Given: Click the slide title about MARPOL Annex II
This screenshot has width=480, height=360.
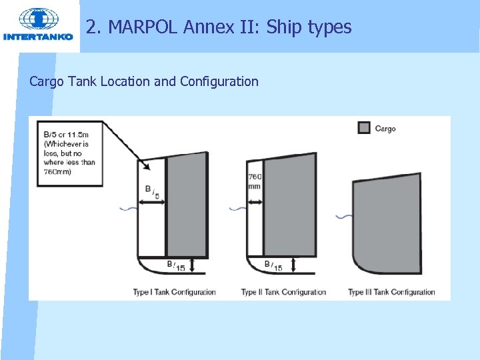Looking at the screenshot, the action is (x=219, y=27).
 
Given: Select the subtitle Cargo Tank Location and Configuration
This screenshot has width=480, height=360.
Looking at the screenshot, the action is (x=144, y=82).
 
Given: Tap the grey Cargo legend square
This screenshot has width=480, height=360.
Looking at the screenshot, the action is (x=364, y=128).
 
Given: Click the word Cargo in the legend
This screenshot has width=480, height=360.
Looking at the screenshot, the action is (x=385, y=129).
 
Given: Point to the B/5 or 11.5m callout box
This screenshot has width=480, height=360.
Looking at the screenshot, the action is (x=69, y=153).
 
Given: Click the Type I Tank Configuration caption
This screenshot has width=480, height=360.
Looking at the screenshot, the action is (x=175, y=292).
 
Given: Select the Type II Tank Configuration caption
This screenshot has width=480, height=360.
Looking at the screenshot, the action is (x=283, y=292).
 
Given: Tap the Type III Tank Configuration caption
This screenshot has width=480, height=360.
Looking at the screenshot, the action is (x=391, y=292).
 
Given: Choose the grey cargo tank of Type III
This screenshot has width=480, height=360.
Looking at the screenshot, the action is (x=387, y=223).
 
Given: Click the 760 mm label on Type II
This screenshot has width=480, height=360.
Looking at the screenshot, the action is (x=254, y=181).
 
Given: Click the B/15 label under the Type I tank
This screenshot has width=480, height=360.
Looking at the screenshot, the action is (x=176, y=266).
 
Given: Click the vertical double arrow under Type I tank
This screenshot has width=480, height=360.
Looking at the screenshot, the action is (x=192, y=265).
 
